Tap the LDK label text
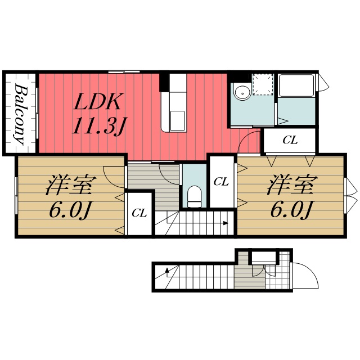point(98,102)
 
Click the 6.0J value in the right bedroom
point(291,210)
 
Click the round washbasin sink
point(242,92)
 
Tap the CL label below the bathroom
point(290,140)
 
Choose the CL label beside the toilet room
point(221,182)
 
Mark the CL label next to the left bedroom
point(139,213)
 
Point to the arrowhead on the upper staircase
point(226,223)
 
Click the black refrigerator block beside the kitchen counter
point(164,82)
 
